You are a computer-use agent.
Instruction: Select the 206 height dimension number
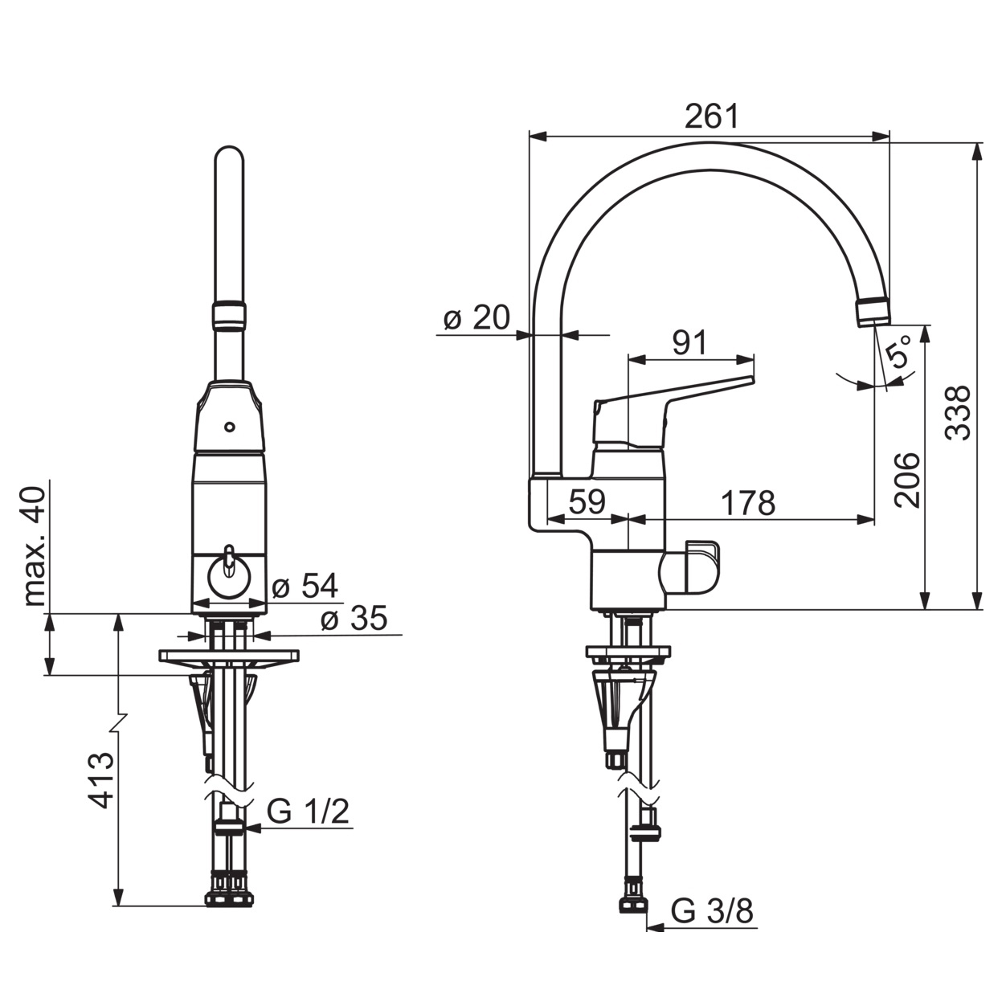pyautogui.click(x=906, y=481)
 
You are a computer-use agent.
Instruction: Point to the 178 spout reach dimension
pyautogui.click(x=748, y=503)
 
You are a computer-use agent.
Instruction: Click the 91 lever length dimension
pyautogui.click(x=689, y=342)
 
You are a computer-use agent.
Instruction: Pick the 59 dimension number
pyautogui.click(x=587, y=501)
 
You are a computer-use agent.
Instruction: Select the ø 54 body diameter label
pyautogui.click(x=305, y=585)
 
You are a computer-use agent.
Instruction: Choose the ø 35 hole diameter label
pyautogui.click(x=354, y=618)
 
